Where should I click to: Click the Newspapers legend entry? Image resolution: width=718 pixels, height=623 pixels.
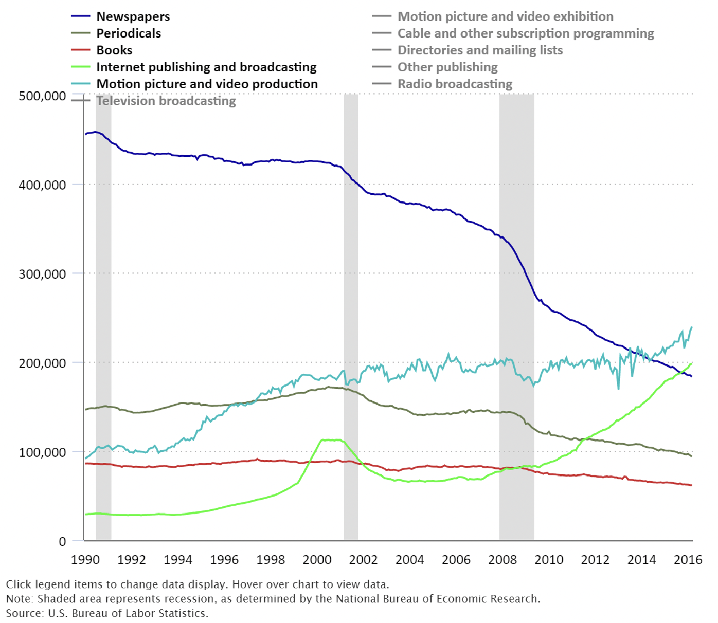tap(133, 16)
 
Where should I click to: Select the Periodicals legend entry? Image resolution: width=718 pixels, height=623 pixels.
tap(129, 33)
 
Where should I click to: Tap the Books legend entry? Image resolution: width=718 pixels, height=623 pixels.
tap(114, 50)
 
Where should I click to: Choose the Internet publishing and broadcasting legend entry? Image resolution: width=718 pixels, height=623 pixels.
tap(206, 67)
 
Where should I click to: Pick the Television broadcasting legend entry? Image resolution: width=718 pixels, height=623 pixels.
tap(166, 101)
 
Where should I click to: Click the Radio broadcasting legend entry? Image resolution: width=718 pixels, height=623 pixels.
tap(455, 84)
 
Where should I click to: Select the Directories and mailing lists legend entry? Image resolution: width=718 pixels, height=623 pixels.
tap(480, 50)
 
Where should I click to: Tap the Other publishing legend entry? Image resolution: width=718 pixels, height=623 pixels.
tap(447, 67)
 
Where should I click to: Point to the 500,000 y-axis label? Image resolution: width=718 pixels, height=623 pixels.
tap(42, 96)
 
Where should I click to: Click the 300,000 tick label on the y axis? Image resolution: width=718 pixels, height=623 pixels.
tap(42, 274)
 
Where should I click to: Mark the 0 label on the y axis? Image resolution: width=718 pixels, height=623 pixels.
tap(62, 541)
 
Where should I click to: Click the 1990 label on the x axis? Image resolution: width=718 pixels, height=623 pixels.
tap(85, 560)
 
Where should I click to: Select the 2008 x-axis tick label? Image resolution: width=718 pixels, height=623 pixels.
tap(502, 560)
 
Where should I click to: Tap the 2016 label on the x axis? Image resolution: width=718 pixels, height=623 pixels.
tap(688, 560)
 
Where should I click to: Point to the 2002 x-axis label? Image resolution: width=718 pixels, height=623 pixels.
tap(363, 560)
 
